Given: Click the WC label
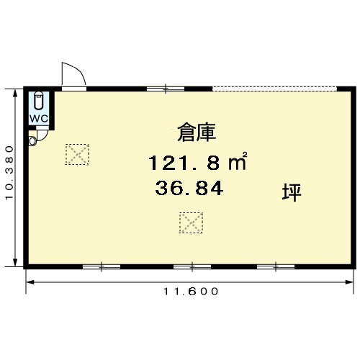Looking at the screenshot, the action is point(39,119).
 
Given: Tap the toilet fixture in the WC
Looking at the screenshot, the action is point(38,100).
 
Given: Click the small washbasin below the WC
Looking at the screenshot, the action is point(32,140).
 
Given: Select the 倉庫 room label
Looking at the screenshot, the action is point(197,132).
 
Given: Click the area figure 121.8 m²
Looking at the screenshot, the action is point(197,161).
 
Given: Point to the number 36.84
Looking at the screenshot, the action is point(189,189).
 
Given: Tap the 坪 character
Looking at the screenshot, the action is point(292,192).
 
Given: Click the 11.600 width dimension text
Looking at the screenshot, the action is point(191,292).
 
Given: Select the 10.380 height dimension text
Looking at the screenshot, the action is point(9,173).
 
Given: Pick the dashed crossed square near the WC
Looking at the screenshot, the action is point(77,154).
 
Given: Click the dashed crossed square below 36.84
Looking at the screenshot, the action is point(191,222).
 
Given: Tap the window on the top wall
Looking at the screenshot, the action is point(166,89).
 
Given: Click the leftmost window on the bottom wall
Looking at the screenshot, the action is point(102,266).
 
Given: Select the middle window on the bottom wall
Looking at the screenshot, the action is point(192,266).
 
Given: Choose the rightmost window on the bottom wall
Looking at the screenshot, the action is point(276,266).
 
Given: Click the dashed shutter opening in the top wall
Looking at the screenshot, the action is point(274,89).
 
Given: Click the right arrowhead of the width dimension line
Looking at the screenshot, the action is point(349,282).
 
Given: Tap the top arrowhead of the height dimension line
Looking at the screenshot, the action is point(15,93).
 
